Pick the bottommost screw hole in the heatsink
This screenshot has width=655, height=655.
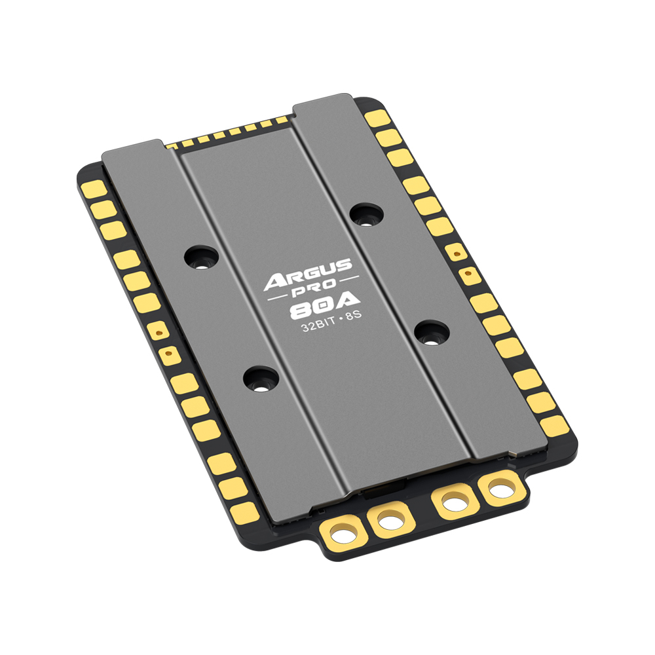(x=259, y=379)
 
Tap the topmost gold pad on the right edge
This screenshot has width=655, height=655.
(x=377, y=119)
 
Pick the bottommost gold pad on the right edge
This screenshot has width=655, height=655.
(x=554, y=425)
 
